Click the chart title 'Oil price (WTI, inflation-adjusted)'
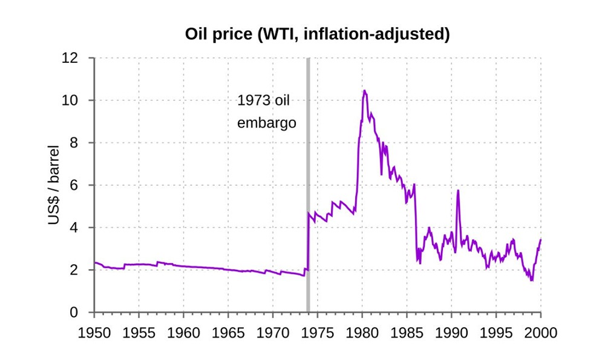click(317, 34)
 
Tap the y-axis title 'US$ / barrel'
click(54, 185)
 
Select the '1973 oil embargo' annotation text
click(266, 111)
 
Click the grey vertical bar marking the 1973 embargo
click(308, 182)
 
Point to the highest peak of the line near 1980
click(364, 91)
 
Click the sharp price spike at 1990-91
click(458, 191)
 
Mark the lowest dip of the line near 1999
click(531, 280)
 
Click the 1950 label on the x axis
click(94, 332)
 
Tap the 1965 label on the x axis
click(228, 332)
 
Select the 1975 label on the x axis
click(317, 332)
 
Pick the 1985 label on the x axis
click(407, 332)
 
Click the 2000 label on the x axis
click(540, 332)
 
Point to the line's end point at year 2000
click(540, 240)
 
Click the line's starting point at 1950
click(95, 263)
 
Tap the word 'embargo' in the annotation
click(266, 123)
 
